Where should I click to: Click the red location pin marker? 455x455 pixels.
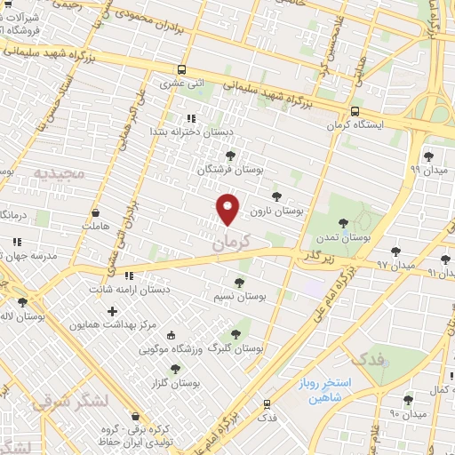coord(228,209)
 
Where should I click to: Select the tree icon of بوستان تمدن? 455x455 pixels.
coord(344,223)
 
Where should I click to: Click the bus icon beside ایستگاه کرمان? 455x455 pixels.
coord(355,112)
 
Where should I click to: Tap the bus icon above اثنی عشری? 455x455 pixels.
coord(182,69)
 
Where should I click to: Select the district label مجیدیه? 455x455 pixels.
coord(60,172)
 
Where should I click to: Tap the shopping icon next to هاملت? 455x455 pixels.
coord(95,213)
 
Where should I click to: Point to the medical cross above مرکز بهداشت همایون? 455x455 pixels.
coord(112,311)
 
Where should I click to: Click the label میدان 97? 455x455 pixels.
coord(395,265)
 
